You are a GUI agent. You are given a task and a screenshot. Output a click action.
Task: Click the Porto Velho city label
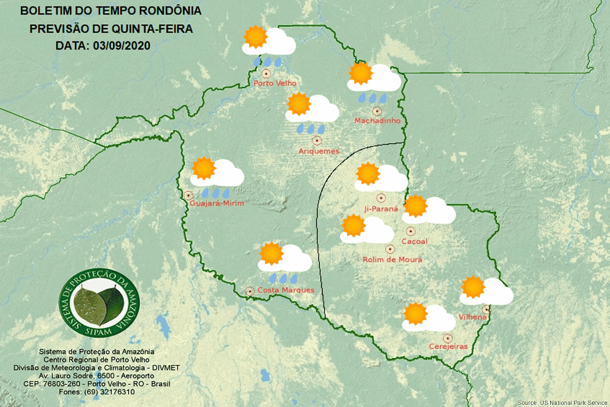click(x=274, y=83)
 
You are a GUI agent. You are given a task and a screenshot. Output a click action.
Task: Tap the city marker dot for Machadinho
click(x=376, y=111)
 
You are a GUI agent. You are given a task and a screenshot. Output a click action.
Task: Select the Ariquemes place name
click(x=319, y=151)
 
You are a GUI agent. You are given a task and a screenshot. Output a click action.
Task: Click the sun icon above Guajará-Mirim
click(x=204, y=168)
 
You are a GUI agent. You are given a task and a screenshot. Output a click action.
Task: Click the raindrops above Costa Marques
click(x=284, y=278)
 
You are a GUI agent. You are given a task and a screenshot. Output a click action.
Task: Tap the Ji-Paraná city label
click(x=381, y=209)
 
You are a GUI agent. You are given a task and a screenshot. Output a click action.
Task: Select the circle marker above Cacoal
click(x=410, y=231)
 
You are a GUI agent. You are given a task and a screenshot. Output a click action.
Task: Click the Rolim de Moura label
click(x=392, y=259)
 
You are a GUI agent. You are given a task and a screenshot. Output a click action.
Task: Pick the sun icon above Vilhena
click(x=473, y=287)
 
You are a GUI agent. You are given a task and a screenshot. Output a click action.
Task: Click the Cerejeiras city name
click(x=448, y=347)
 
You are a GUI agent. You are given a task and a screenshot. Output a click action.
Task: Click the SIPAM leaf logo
click(x=98, y=304)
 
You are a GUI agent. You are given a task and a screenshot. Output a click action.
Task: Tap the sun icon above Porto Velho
click(x=255, y=38)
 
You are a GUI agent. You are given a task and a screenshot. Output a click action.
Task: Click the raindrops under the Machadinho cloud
click(x=372, y=99)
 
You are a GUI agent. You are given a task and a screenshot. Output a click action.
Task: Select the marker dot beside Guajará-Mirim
click(x=188, y=195)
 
